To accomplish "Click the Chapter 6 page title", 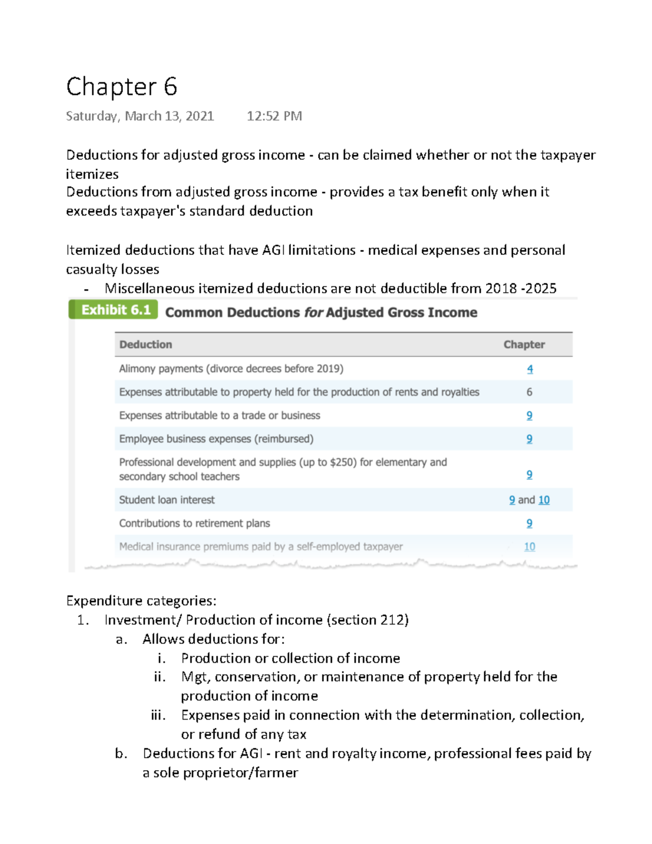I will [122, 87].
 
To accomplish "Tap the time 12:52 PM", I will [274, 116].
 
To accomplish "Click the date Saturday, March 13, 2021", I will [140, 116].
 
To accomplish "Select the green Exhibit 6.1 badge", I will [114, 310].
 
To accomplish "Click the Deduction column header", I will [146, 345].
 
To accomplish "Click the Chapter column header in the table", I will [524, 345].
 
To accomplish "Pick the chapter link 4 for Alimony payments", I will [530, 369].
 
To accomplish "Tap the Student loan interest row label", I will [167, 500].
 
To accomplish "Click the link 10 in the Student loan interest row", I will [544, 500].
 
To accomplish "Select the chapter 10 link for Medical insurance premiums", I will [529, 547].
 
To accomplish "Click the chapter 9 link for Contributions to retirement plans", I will [529, 523].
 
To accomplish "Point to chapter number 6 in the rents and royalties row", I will [529, 392].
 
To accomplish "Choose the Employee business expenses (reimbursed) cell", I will [216, 439].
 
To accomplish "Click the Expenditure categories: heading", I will [141, 601].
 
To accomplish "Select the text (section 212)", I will [368, 620].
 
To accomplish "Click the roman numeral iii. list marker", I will [158, 715].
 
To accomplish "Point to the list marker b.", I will [121, 754].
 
